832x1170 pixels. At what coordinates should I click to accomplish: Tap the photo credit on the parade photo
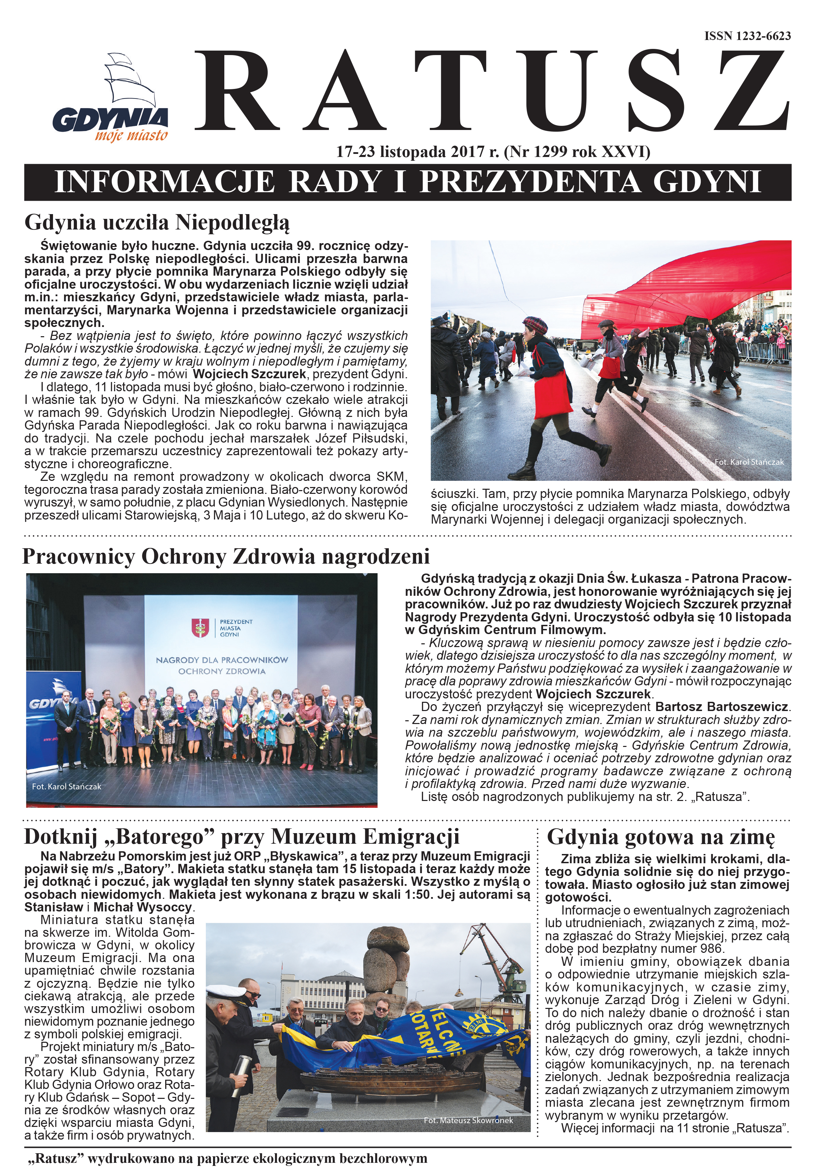click(x=749, y=462)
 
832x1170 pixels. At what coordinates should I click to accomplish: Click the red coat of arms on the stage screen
click(x=200, y=628)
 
